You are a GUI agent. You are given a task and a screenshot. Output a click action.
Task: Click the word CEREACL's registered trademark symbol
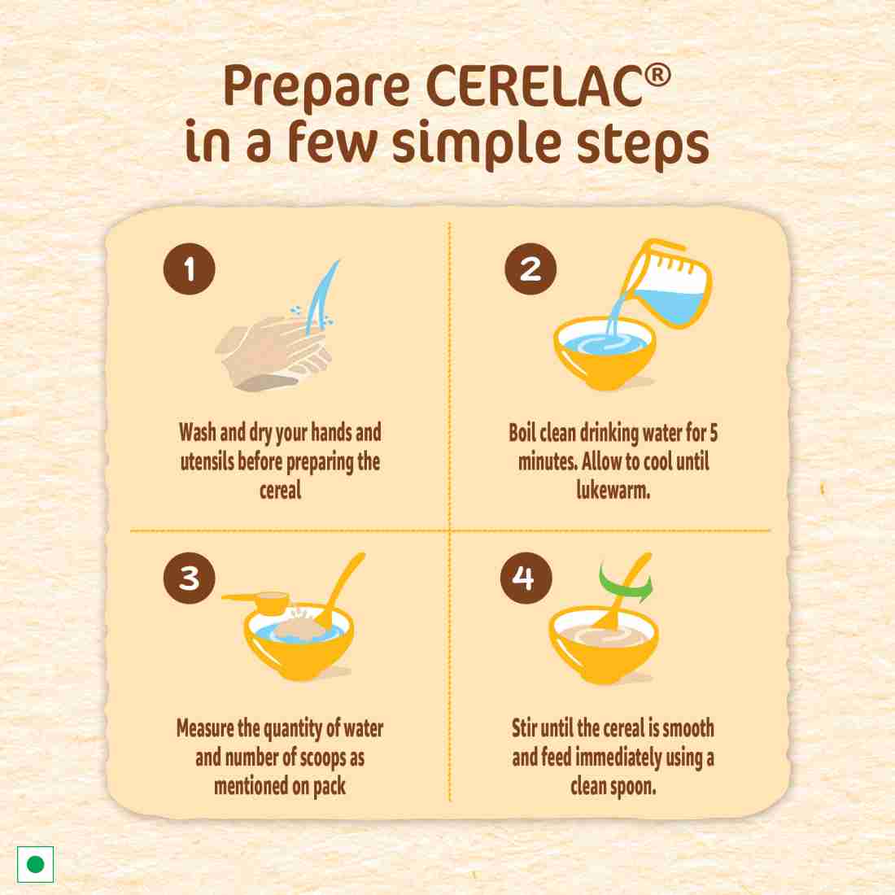(x=658, y=76)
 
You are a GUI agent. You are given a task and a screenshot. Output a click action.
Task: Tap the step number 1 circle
(x=189, y=268)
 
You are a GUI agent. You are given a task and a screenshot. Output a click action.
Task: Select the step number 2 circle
(x=530, y=268)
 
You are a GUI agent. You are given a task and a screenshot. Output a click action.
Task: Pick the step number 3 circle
(x=189, y=578)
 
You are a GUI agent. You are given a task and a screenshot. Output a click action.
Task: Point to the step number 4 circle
(x=526, y=578)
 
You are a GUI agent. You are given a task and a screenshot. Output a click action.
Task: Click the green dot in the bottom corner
(x=35, y=864)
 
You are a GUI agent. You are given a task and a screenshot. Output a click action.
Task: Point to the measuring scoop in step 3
(x=257, y=602)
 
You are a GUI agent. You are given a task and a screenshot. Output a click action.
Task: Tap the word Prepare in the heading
(x=317, y=89)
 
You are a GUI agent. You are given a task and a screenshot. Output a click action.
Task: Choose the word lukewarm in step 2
(x=613, y=490)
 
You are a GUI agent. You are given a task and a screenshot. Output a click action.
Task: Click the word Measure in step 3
(x=205, y=728)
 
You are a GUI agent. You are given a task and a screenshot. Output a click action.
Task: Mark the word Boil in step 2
(x=522, y=432)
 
